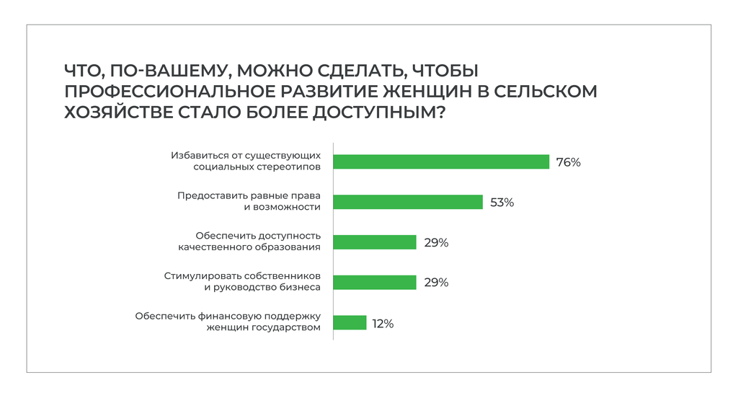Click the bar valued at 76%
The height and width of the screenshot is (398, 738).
pos(441,162)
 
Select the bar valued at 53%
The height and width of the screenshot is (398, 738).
pos(408,202)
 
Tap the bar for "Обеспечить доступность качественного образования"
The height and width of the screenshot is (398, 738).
pos(375,242)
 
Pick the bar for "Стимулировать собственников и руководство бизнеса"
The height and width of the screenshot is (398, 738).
pos(375,283)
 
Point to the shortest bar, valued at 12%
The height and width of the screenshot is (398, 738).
pos(350,323)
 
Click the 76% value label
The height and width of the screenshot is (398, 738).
pos(568,162)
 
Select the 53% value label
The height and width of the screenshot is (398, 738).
pos(502,203)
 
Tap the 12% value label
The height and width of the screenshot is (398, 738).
pos(383,324)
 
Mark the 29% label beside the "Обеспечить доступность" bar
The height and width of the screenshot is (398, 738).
pos(436,243)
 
